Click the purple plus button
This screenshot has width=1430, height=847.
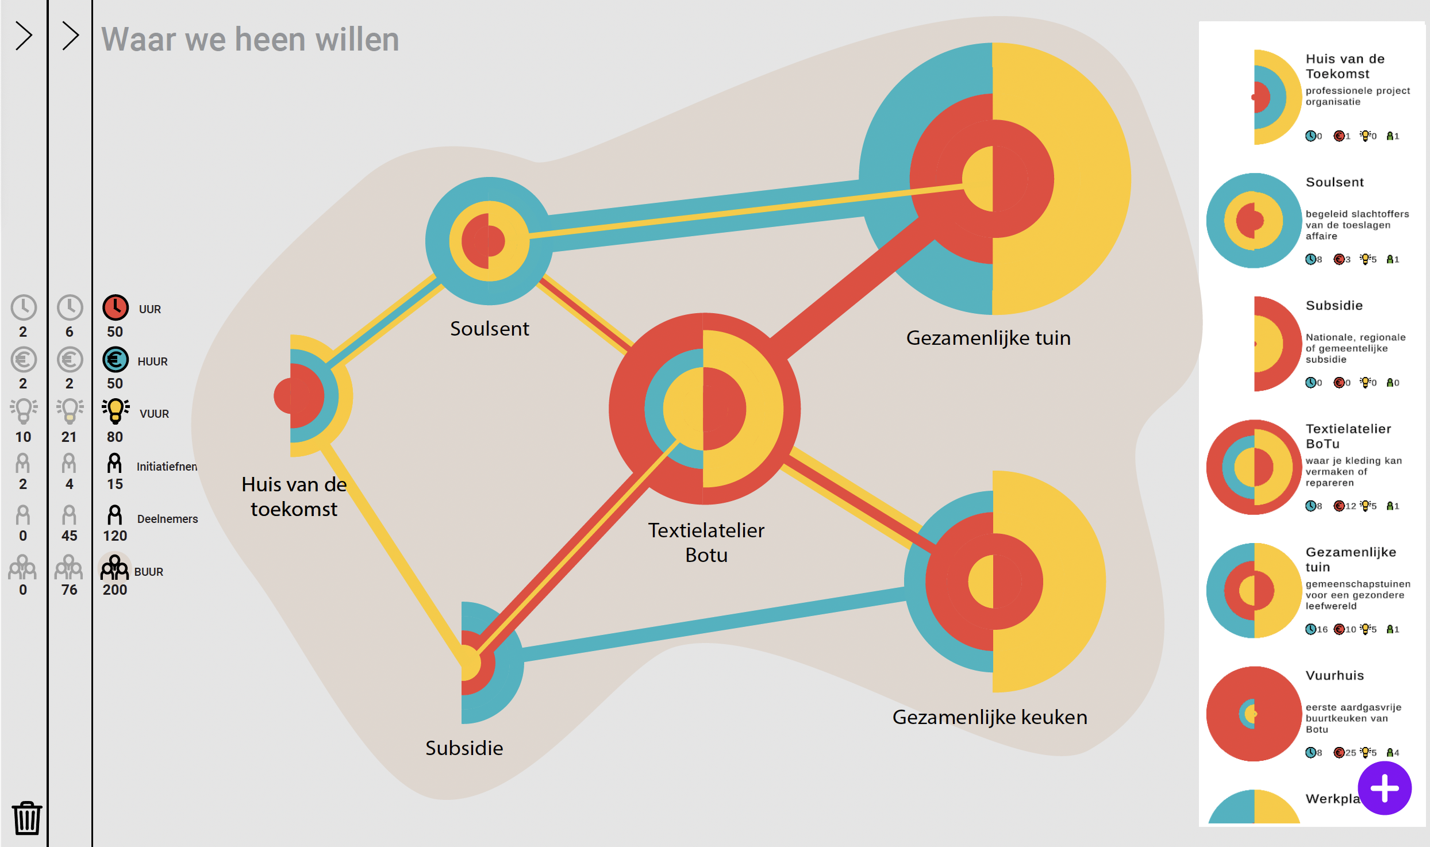1384,788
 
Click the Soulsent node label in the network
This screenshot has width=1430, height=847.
489,329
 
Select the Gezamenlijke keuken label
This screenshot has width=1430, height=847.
989,717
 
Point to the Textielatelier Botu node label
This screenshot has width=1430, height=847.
706,542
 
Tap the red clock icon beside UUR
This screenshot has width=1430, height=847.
116,307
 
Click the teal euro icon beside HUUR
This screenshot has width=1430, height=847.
116,360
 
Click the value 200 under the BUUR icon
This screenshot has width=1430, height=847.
115,590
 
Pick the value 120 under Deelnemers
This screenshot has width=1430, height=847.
115,536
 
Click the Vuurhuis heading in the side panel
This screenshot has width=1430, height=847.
1334,675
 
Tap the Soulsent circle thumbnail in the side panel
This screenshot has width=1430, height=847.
1254,221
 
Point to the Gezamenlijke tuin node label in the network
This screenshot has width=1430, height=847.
988,338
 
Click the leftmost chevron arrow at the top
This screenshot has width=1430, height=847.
24,36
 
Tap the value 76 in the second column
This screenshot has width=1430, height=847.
69,590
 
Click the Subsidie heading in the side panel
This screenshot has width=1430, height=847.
1333,305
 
